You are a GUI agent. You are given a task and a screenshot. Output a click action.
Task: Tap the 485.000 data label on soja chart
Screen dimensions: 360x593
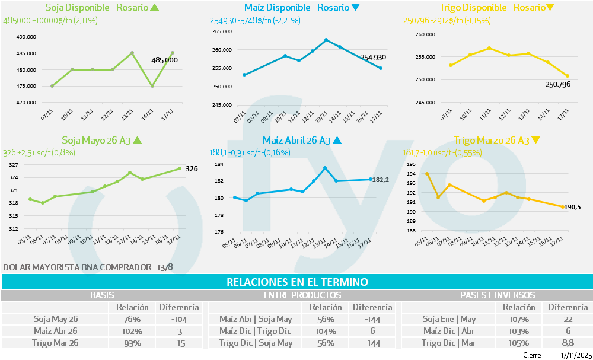(164, 60)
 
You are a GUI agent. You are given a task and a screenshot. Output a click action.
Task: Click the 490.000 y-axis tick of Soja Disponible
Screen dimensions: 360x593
(25, 37)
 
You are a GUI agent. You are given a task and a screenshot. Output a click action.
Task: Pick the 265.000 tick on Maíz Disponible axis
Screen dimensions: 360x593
(222, 31)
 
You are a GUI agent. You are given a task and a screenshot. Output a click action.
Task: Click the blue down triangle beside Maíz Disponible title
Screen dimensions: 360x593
(355, 8)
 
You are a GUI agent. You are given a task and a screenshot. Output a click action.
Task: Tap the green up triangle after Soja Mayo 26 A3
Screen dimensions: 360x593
(137, 141)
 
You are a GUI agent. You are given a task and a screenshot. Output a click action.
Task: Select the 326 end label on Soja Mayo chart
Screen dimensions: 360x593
(192, 169)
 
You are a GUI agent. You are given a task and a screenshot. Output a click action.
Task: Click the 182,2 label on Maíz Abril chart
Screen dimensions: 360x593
(380, 179)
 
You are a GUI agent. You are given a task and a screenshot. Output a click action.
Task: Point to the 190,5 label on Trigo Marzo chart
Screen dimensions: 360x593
(572, 207)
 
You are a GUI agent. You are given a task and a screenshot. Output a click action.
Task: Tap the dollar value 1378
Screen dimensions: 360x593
(165, 267)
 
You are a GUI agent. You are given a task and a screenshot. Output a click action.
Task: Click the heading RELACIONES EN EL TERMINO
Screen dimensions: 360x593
(297, 282)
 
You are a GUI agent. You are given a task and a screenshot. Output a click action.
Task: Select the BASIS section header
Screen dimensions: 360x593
(102, 295)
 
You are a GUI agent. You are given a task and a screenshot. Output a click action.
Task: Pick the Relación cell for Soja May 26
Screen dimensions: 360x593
(132, 319)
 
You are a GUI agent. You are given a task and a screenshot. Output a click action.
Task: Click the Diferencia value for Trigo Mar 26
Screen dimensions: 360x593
(178, 343)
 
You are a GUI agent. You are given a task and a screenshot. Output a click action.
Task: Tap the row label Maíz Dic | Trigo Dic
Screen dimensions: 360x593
(256, 331)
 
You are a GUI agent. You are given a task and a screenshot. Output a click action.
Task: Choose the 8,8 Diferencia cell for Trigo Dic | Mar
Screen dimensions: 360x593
(568, 343)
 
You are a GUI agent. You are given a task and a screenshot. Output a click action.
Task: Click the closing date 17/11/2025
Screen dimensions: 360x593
(576, 355)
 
